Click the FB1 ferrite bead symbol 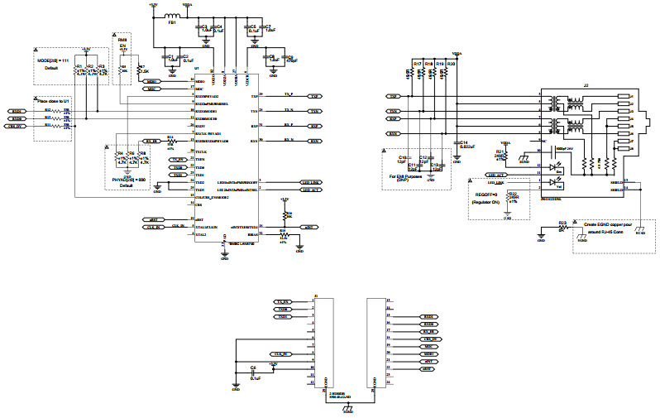173,17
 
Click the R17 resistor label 417,64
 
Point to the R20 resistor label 451,64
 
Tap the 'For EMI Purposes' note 407,175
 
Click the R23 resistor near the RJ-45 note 562,223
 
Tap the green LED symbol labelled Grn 552,166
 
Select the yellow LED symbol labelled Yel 552,185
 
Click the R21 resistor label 500,152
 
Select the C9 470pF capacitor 288,58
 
